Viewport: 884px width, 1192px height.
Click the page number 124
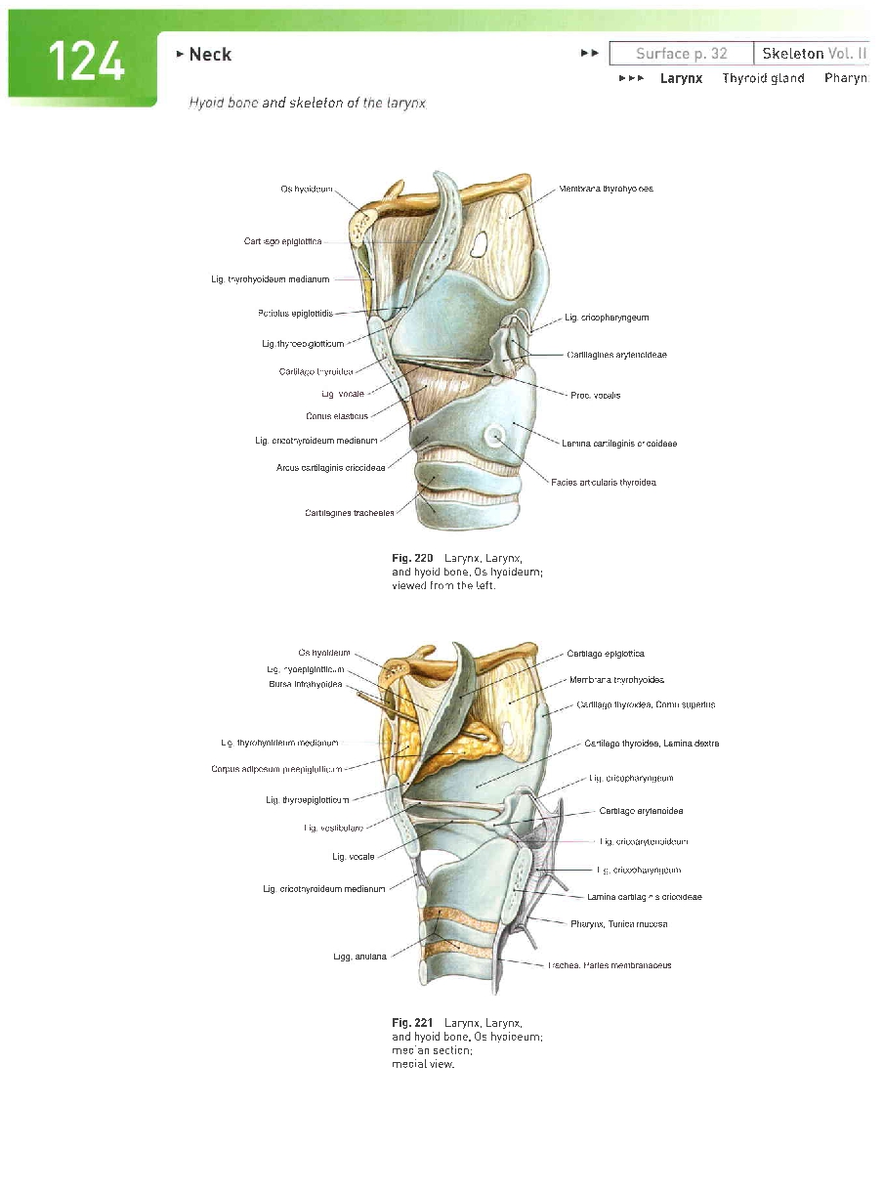click(86, 63)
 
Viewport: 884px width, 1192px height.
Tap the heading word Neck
click(210, 55)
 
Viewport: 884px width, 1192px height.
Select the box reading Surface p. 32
click(681, 54)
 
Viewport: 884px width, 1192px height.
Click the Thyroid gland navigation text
click(763, 78)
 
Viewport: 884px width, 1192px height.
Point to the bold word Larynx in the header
click(681, 78)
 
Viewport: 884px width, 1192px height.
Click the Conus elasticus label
click(337, 416)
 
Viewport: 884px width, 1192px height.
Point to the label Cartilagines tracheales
click(350, 513)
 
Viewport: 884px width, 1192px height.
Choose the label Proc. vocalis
click(596, 396)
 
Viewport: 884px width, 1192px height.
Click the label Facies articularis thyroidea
click(603, 483)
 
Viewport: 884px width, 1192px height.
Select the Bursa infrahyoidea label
click(305, 684)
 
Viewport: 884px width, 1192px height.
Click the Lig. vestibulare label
click(334, 829)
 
